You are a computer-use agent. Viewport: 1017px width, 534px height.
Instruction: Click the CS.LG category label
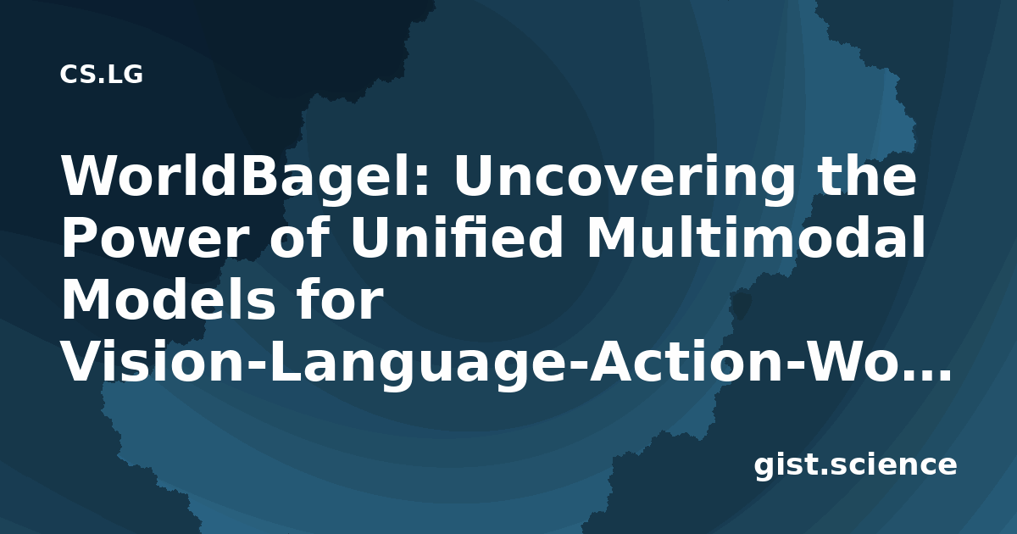[101, 75]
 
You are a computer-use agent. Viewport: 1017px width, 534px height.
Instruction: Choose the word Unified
[456, 236]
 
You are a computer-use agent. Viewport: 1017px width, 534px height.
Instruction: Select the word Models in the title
[169, 298]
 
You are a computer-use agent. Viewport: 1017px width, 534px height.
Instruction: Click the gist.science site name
[855, 466]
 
